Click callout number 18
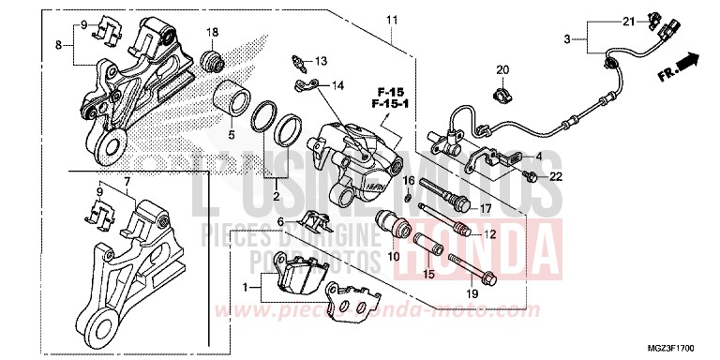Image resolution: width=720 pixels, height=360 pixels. pos(212,33)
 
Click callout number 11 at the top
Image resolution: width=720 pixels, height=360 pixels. pos(391,20)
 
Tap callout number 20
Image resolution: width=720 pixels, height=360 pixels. pos(502,70)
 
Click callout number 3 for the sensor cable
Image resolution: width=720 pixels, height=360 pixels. pos(567,38)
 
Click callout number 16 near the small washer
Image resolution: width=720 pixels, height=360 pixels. pos(409,179)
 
